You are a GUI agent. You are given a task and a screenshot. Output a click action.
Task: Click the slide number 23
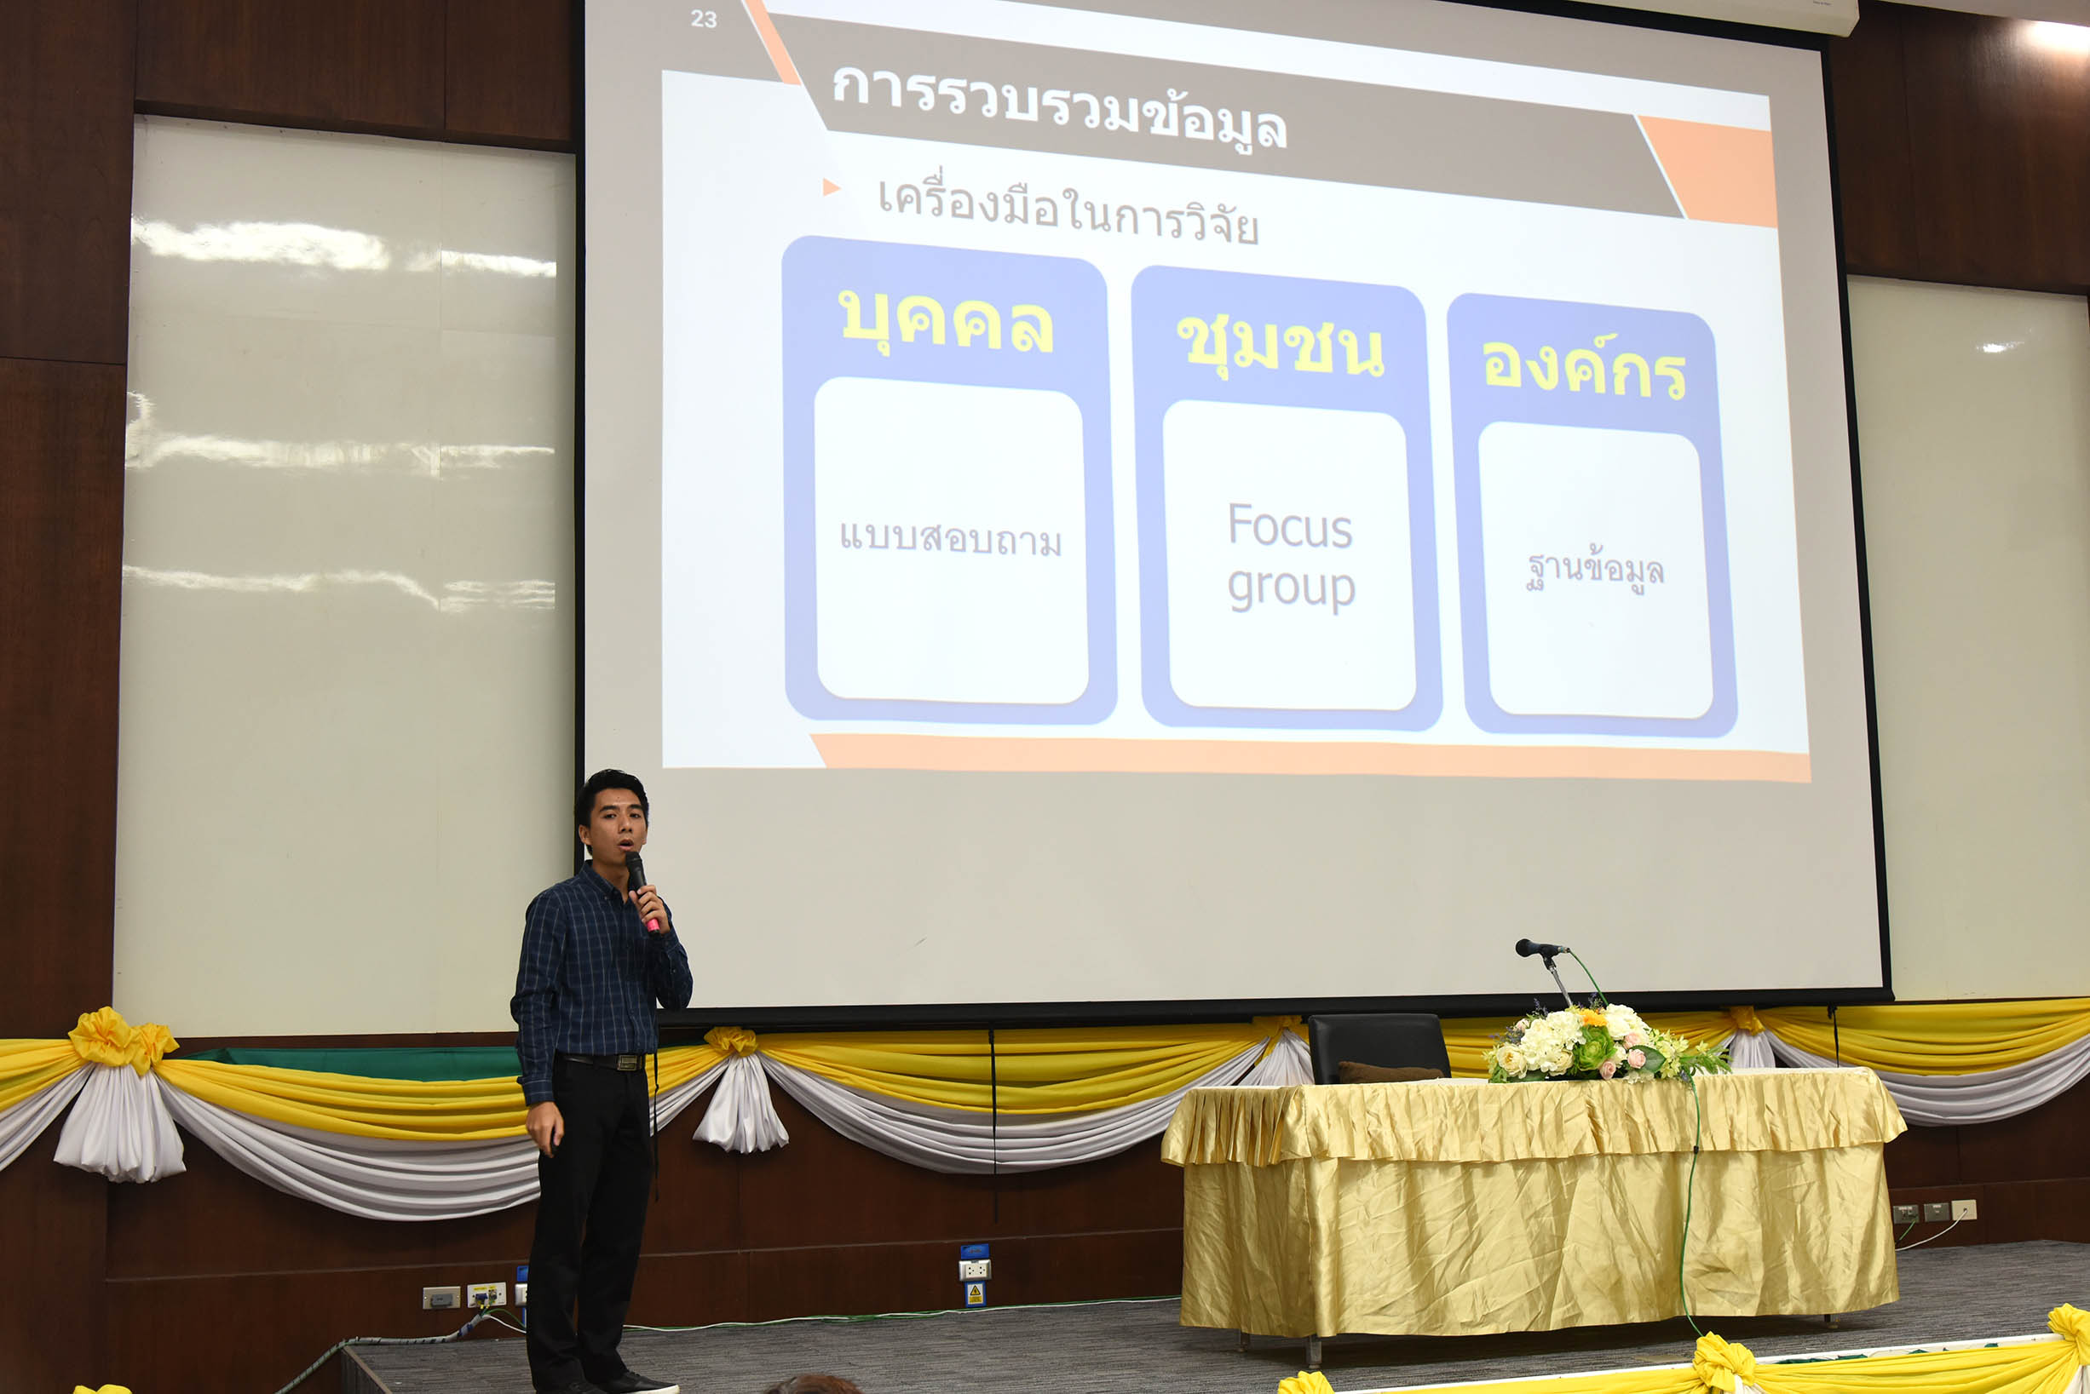704,19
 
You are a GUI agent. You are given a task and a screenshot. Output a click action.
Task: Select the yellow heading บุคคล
947,320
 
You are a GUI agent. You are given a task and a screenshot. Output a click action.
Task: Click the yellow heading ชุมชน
1280,346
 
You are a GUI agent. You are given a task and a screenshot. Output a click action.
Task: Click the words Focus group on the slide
1291,556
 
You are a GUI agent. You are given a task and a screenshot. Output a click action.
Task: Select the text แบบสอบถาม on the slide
951,538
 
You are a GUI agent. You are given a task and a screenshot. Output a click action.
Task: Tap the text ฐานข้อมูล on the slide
1595,571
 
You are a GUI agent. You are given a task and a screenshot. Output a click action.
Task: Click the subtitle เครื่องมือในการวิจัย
1068,211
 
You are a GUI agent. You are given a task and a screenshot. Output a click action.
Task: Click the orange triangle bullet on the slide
831,186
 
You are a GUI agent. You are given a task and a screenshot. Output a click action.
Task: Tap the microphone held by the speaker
642,889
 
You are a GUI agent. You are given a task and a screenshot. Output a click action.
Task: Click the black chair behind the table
1378,1048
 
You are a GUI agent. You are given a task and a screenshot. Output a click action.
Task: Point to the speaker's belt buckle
628,1063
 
